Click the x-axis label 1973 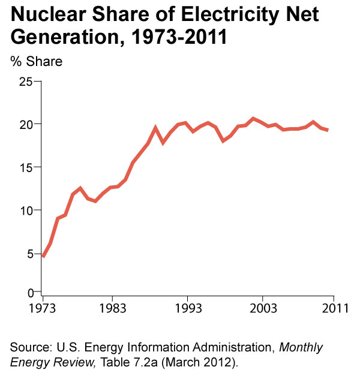[43, 308]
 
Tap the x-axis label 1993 [188, 308]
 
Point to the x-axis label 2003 [262, 308]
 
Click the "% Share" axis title [36, 61]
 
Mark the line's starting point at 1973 [43, 257]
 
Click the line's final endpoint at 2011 [328, 130]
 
